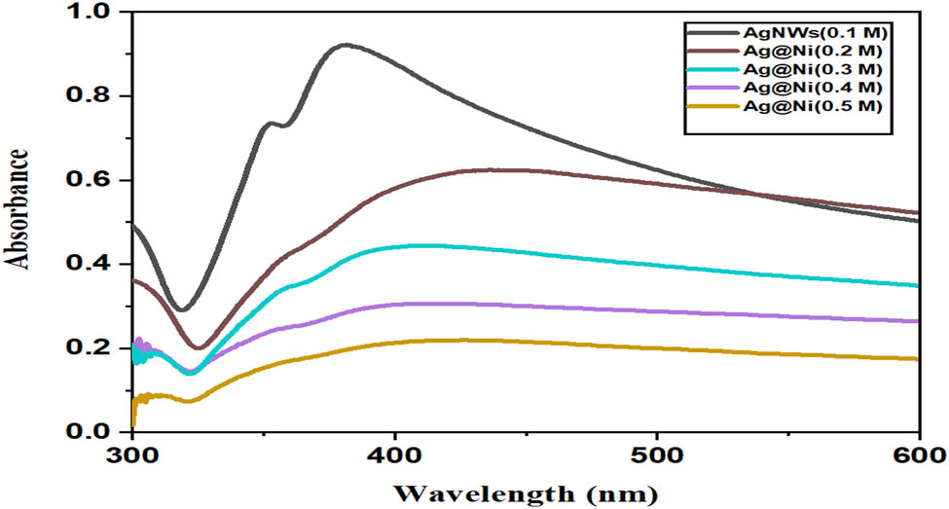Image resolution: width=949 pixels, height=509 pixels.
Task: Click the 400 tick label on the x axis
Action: click(x=394, y=454)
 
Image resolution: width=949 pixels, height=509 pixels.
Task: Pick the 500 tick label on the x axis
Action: click(x=657, y=454)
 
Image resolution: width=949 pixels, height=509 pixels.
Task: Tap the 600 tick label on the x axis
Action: click(x=918, y=454)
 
